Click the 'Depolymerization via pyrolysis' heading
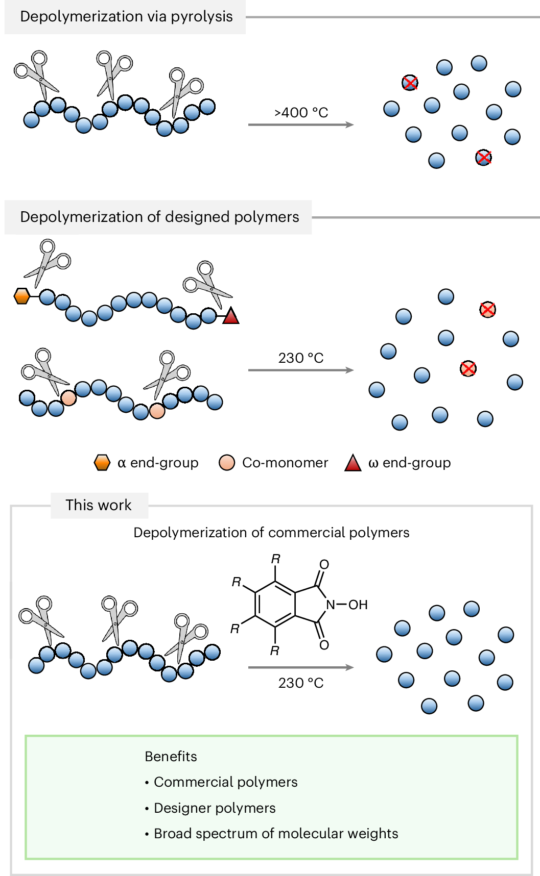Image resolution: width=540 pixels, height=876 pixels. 126,16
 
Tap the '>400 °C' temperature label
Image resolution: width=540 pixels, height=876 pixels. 301,112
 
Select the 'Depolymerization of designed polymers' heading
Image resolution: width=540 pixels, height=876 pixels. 159,217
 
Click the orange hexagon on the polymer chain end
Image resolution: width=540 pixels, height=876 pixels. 21,296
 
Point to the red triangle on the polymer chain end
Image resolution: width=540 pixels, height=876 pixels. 231,316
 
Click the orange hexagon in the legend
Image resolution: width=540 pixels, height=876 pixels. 102,463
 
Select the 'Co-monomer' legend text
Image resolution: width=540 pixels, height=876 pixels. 285,463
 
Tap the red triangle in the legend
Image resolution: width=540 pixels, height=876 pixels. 353,463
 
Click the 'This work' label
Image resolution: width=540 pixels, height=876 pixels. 99,505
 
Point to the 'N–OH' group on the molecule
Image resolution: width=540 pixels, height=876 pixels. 347,605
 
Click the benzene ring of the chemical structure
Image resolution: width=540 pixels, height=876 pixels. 275,605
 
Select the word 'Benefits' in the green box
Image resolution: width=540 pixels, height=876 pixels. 171,756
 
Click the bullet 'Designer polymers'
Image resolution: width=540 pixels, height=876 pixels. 210,808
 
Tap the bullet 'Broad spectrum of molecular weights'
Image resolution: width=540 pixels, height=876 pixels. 271,834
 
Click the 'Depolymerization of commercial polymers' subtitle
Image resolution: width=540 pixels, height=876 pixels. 271,533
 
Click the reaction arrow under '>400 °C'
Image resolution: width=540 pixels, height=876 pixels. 301,124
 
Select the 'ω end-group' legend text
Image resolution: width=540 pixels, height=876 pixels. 410,463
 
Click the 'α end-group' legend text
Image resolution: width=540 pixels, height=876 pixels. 158,463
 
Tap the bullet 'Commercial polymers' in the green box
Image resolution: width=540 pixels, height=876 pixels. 221,782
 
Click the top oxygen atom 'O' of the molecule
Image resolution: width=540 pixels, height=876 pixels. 324,565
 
